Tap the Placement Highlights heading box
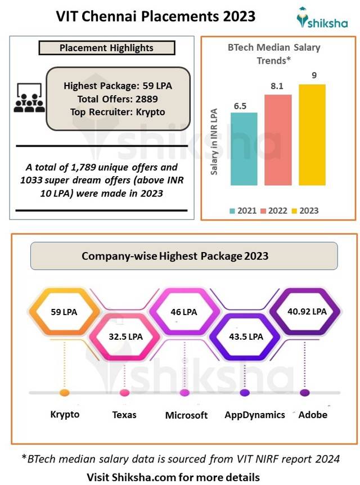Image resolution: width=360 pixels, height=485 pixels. point(106,48)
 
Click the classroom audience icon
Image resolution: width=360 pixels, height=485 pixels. point(29,98)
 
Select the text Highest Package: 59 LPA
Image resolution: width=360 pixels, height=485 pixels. point(118,86)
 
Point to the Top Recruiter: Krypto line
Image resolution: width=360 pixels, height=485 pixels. point(118,111)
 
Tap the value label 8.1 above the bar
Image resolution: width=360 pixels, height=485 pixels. point(278,86)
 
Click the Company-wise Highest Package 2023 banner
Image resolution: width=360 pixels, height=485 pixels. point(183,256)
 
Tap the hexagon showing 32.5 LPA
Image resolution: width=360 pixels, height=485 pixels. point(125,336)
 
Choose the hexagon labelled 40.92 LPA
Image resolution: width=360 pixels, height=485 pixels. point(304,311)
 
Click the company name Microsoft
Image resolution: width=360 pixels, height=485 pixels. point(186,415)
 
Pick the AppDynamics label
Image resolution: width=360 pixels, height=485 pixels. point(254,415)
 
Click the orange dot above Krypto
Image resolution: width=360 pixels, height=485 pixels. point(64,392)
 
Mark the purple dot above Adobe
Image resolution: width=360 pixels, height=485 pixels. point(304,393)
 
